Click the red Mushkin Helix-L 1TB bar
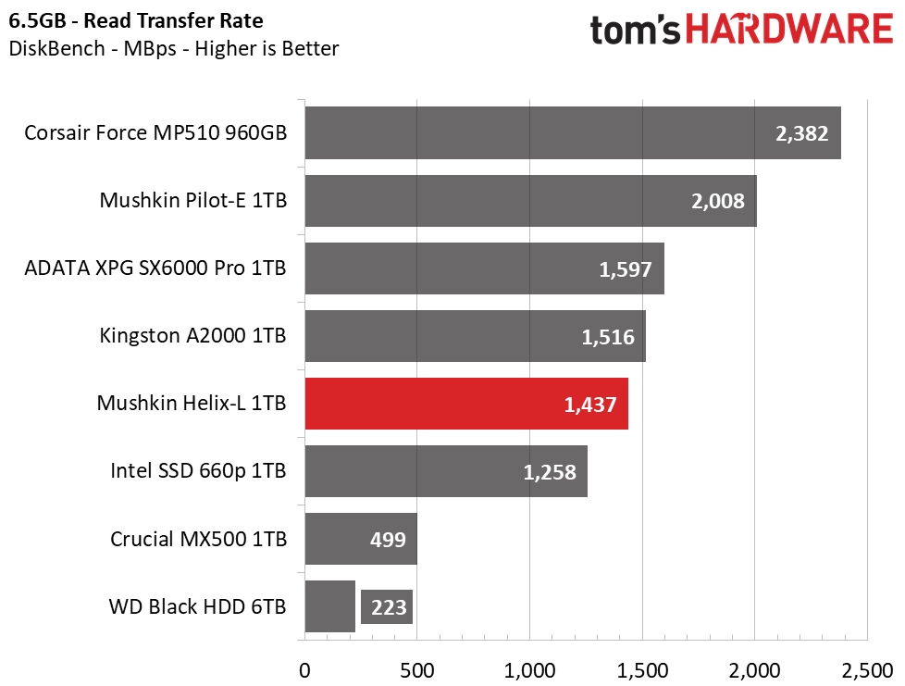pos(466,404)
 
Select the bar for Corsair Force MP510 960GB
pos(573,132)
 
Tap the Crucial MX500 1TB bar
pos(361,539)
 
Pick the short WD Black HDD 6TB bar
pos(330,606)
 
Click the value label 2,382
pos(801,133)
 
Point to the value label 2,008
pos(718,201)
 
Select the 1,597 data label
pos(626,269)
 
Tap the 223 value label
pos(388,607)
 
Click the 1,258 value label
pos(550,472)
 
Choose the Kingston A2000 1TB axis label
pos(192,335)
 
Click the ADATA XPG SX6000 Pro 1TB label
pos(155,268)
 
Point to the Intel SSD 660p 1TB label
pos(198,470)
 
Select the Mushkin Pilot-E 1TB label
pos(192,200)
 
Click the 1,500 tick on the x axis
pos(642,670)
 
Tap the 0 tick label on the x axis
pos(304,670)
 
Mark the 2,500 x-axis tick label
pos(867,670)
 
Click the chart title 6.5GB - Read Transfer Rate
pos(136,20)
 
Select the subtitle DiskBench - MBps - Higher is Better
pos(174,48)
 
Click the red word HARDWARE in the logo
pos(789,30)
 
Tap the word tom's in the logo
pos(636,30)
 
